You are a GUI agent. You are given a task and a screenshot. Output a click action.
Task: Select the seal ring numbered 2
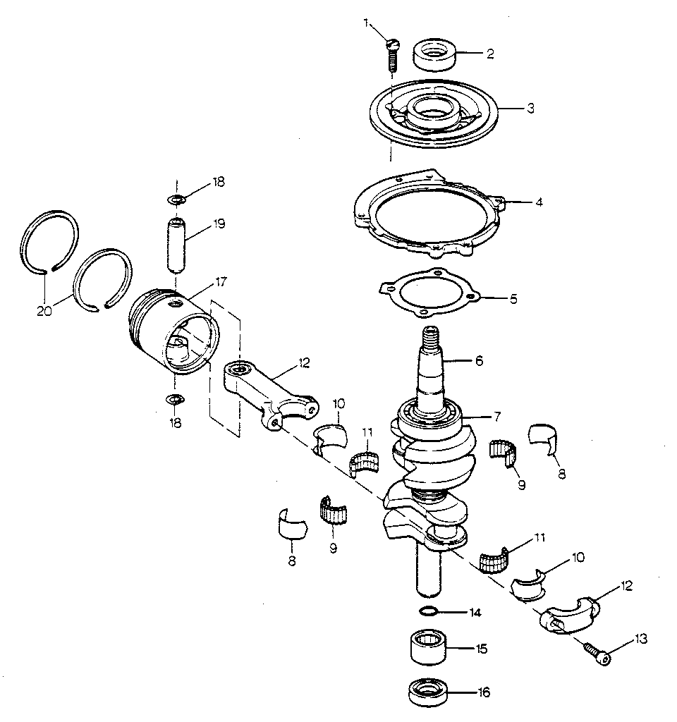[x=434, y=56]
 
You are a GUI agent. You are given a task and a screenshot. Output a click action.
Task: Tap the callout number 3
[x=530, y=109]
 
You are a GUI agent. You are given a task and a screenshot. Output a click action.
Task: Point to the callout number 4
[x=538, y=202]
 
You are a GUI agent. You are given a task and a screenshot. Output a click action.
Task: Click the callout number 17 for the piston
[x=221, y=282]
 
